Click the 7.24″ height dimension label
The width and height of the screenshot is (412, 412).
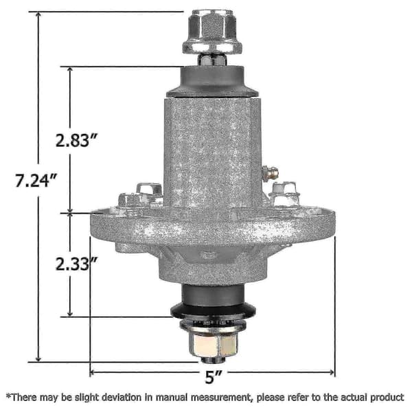36,181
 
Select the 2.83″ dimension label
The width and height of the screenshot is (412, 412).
77,140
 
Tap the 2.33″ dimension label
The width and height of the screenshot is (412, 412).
77,264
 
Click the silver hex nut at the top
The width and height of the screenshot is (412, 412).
212,32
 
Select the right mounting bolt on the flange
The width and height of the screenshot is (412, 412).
286,194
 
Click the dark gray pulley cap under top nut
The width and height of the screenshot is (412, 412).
212,82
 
